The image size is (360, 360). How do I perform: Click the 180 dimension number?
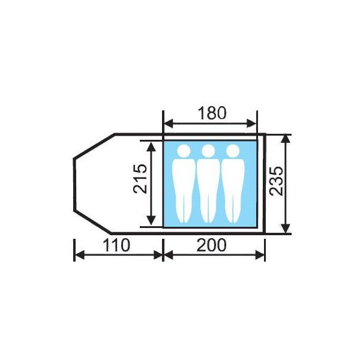point(212,113)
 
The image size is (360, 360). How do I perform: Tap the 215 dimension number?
point(140,179)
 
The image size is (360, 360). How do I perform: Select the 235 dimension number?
point(277,181)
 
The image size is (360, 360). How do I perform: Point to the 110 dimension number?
point(116,245)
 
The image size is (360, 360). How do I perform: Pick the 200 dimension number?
point(211,245)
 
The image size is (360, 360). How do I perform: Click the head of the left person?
point(184,151)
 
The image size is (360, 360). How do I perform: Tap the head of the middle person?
point(208,151)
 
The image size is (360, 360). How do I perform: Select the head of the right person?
point(233,151)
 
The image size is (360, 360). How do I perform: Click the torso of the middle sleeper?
point(208,177)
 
